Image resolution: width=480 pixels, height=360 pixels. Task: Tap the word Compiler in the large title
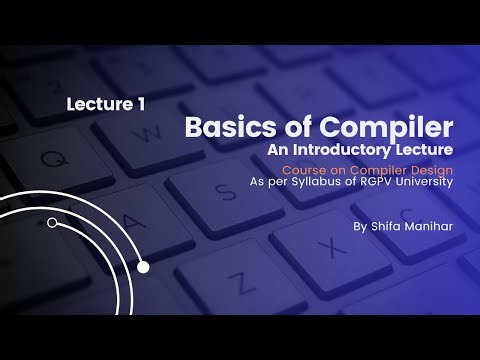coord(389,129)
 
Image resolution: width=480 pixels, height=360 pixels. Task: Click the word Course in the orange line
coord(306,168)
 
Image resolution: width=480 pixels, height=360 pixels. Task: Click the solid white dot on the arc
coord(143,267)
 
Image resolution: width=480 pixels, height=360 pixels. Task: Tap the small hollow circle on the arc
coord(52,223)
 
